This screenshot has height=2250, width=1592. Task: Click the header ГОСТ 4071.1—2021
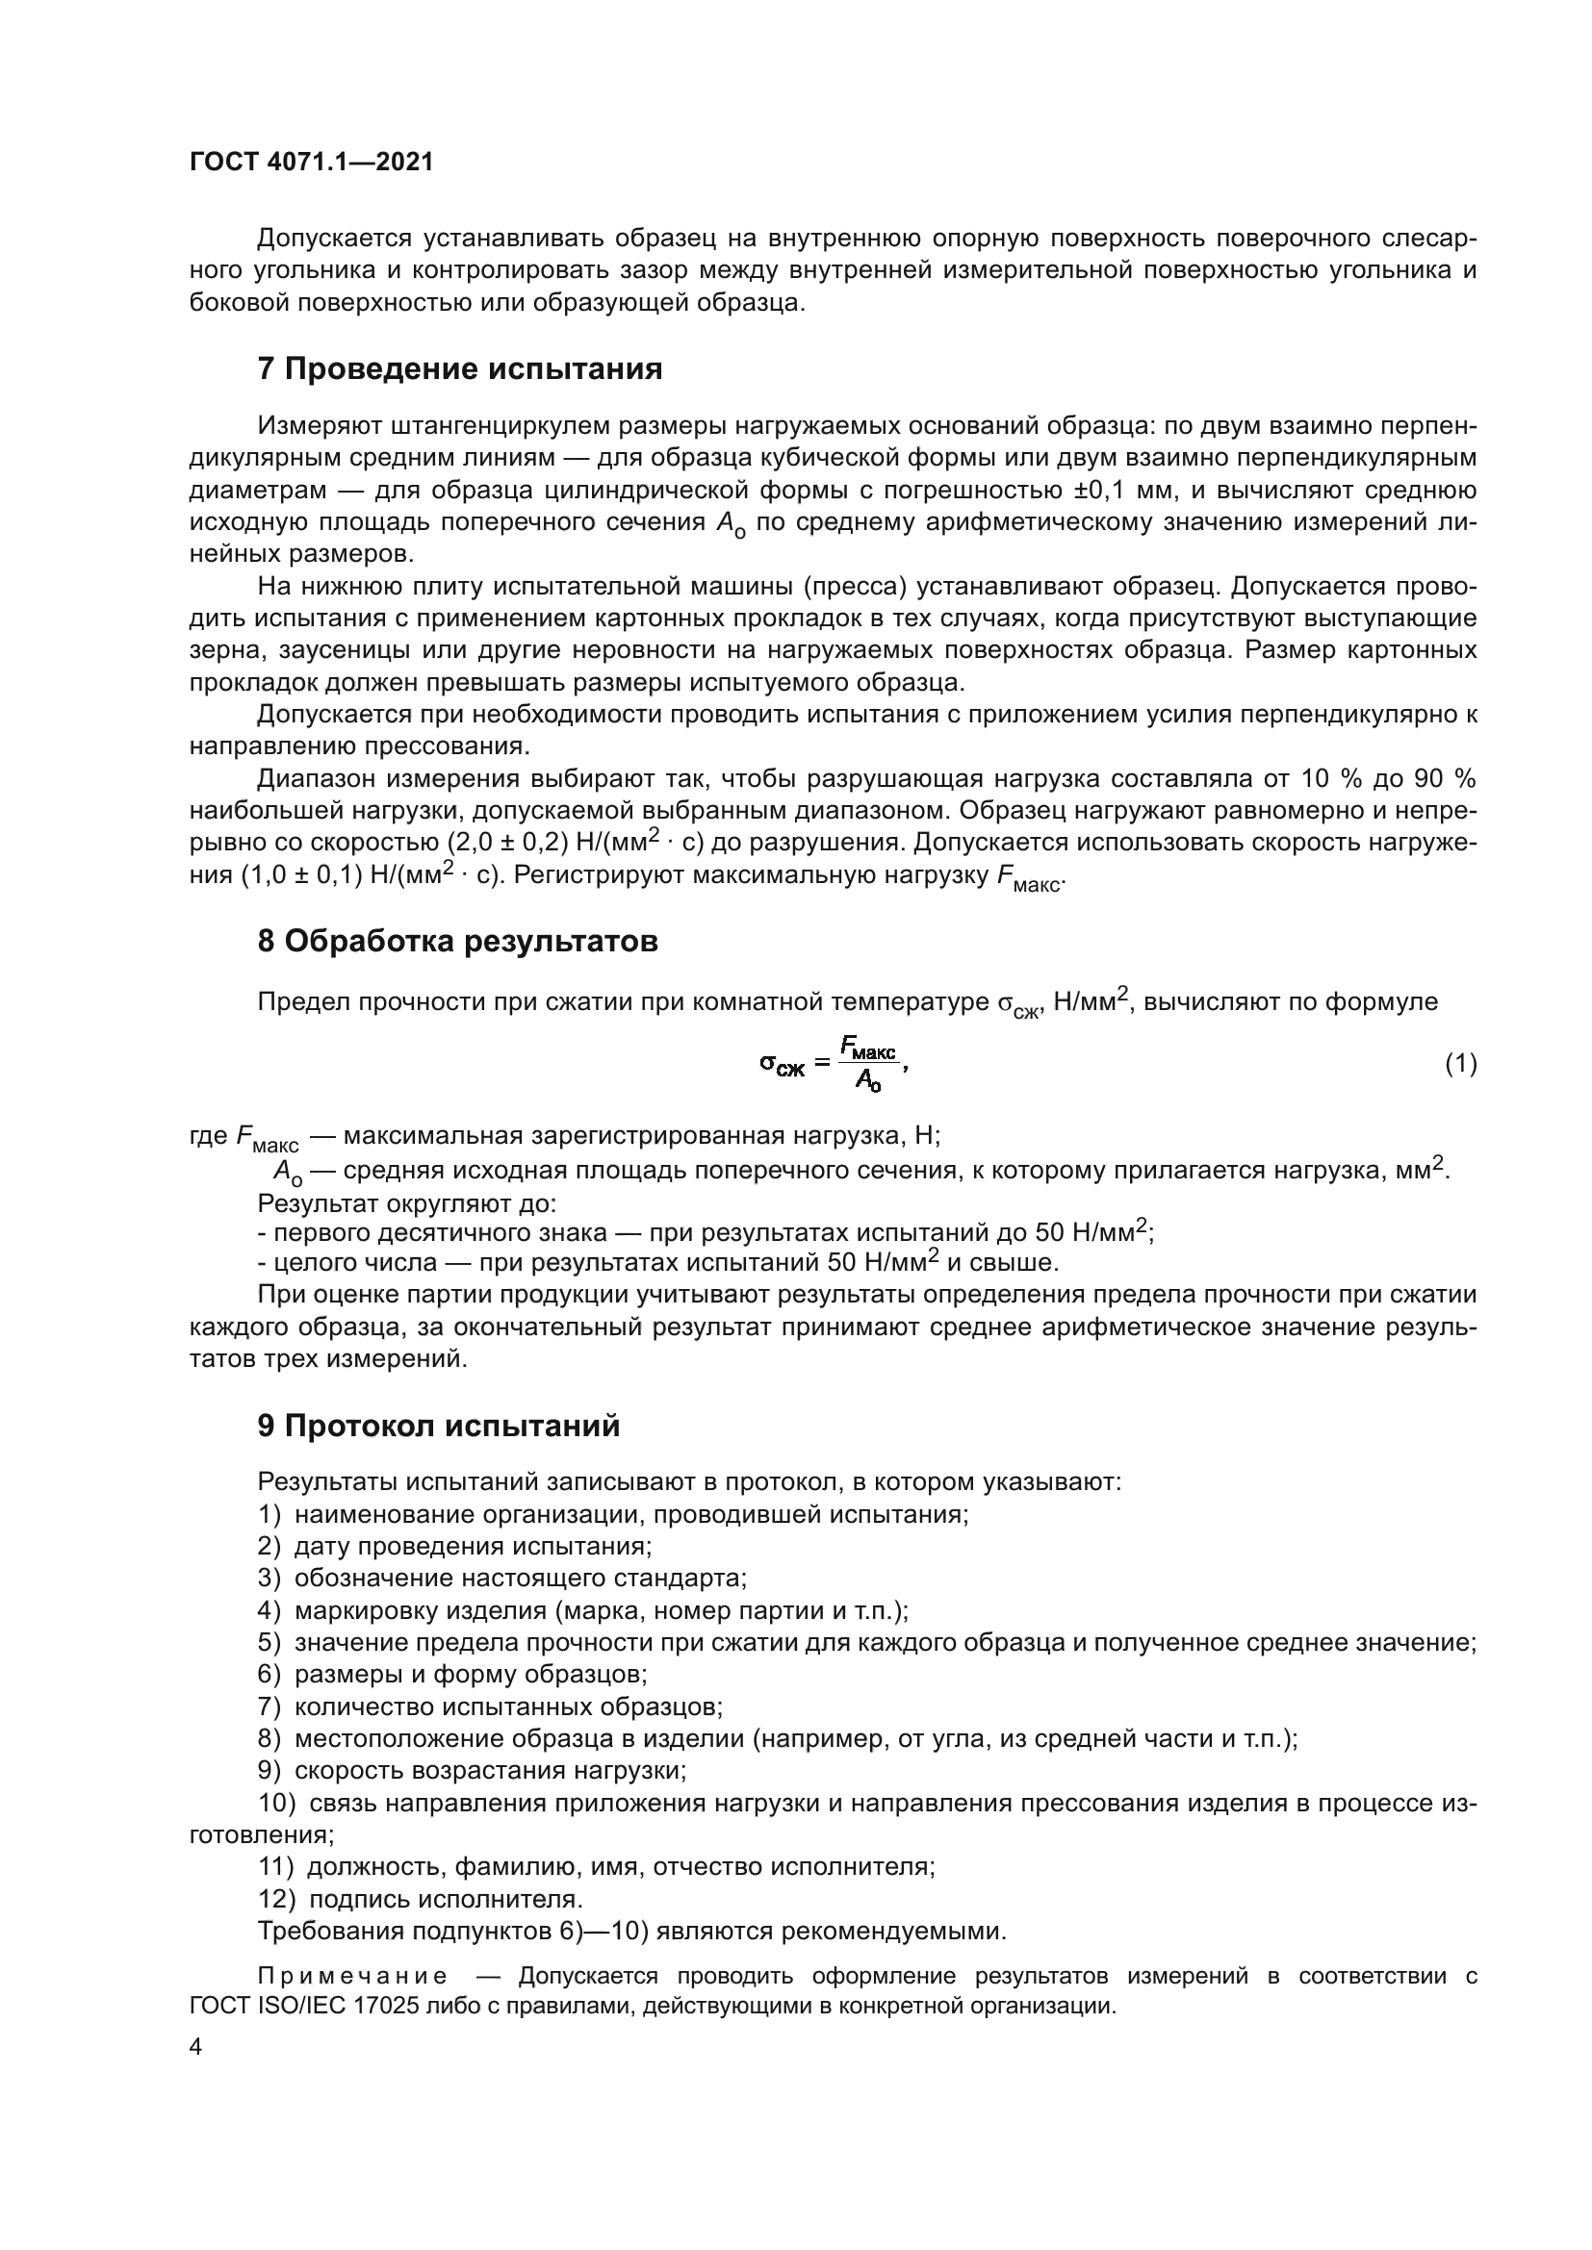[x=311, y=163]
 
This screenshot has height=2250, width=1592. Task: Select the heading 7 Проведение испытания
[x=460, y=369]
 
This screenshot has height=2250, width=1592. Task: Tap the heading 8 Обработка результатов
[x=458, y=942]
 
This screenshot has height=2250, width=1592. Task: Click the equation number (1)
[x=1461, y=1063]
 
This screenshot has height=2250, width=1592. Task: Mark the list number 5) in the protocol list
[x=270, y=1643]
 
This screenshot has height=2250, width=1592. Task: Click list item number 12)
[x=276, y=1899]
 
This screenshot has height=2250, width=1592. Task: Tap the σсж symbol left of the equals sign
[x=783, y=1064]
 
